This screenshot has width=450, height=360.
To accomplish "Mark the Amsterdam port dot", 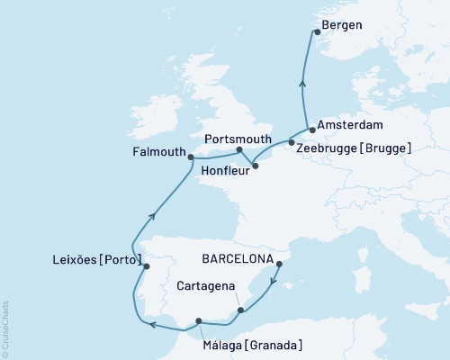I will point(312,130).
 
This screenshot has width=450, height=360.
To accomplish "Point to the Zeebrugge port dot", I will point(292,142).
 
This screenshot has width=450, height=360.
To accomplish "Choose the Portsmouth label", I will point(238,139).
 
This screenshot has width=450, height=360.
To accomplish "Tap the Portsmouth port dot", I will point(239,150).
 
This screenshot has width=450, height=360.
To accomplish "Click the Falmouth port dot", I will point(191,157).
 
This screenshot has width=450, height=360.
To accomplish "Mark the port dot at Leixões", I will point(147,266).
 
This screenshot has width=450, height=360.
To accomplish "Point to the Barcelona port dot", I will point(279,265).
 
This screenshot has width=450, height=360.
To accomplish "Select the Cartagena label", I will point(206,286).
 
